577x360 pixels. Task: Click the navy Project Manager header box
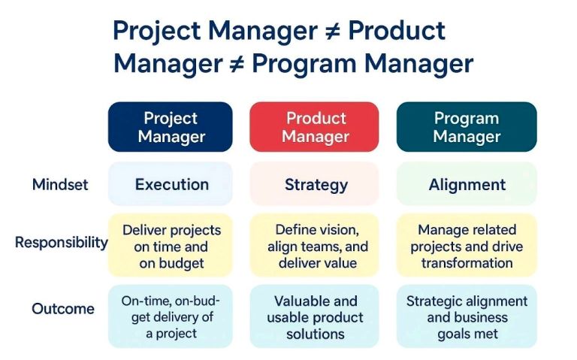point(171,128)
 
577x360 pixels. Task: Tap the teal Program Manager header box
point(467,128)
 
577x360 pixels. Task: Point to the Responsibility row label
point(61,243)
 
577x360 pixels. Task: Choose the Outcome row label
point(63,309)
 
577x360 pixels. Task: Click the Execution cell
point(171,185)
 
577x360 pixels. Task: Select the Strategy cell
point(316,185)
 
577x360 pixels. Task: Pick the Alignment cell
point(467,185)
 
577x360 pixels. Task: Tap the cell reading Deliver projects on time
point(171,246)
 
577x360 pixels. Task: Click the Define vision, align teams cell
point(316,246)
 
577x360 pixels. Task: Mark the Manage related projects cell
point(467,246)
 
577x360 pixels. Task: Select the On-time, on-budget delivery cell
point(171,316)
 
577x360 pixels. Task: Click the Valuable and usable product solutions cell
point(316,316)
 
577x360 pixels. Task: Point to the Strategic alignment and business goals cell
point(467,316)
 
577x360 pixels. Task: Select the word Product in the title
point(397,32)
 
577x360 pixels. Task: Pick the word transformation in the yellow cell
point(467,263)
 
